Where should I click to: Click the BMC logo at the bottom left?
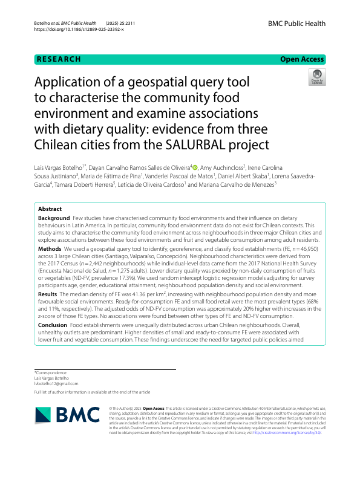click(67, 415)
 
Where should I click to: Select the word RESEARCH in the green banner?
click(59, 59)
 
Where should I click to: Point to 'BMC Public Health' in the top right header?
click(296, 24)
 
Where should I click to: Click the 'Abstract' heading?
click(50, 209)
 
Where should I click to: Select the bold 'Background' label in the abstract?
click(54, 217)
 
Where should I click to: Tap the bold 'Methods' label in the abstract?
click(50, 248)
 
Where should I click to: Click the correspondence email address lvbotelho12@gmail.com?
click(56, 383)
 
